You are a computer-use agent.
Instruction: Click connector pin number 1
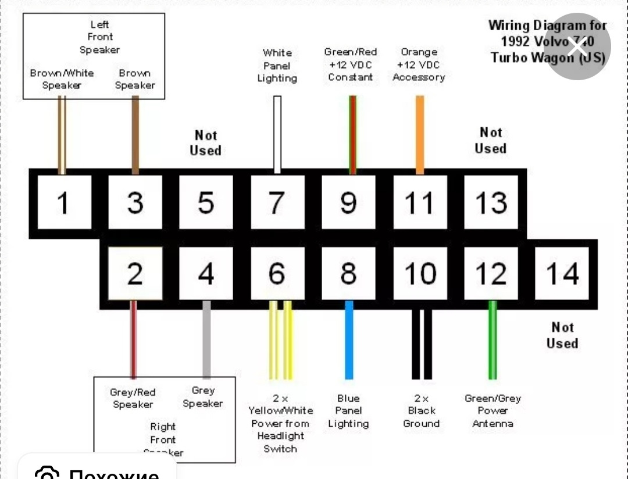pyautogui.click(x=62, y=202)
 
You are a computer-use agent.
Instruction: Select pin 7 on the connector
pyautogui.click(x=277, y=202)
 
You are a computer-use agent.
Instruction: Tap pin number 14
pyautogui.click(x=562, y=273)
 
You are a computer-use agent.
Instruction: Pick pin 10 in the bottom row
pyautogui.click(x=420, y=273)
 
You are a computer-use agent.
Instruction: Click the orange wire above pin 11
pyautogui.click(x=420, y=134)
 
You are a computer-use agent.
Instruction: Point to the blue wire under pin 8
pyautogui.click(x=349, y=339)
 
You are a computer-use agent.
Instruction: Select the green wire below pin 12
pyautogui.click(x=493, y=339)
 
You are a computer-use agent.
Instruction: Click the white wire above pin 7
pyautogui.click(x=277, y=134)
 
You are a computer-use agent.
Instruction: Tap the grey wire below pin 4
pyautogui.click(x=206, y=339)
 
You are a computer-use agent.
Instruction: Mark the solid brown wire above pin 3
pyautogui.click(x=135, y=134)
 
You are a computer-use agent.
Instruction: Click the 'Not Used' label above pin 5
pyautogui.click(x=205, y=143)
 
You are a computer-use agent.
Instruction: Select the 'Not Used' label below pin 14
pyautogui.click(x=562, y=335)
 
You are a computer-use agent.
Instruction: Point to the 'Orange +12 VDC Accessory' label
pyautogui.click(x=419, y=65)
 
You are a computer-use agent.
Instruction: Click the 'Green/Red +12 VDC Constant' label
pyautogui.click(x=350, y=65)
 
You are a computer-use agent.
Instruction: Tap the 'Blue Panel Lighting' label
pyautogui.click(x=348, y=411)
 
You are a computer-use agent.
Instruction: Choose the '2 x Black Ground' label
pyautogui.click(x=421, y=411)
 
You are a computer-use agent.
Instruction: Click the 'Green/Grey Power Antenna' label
pyautogui.click(x=493, y=411)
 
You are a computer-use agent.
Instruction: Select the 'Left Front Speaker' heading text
pyautogui.click(x=99, y=37)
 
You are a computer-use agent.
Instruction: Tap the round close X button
pyautogui.click(x=577, y=46)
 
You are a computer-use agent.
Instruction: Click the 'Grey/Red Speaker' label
pyautogui.click(x=133, y=398)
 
